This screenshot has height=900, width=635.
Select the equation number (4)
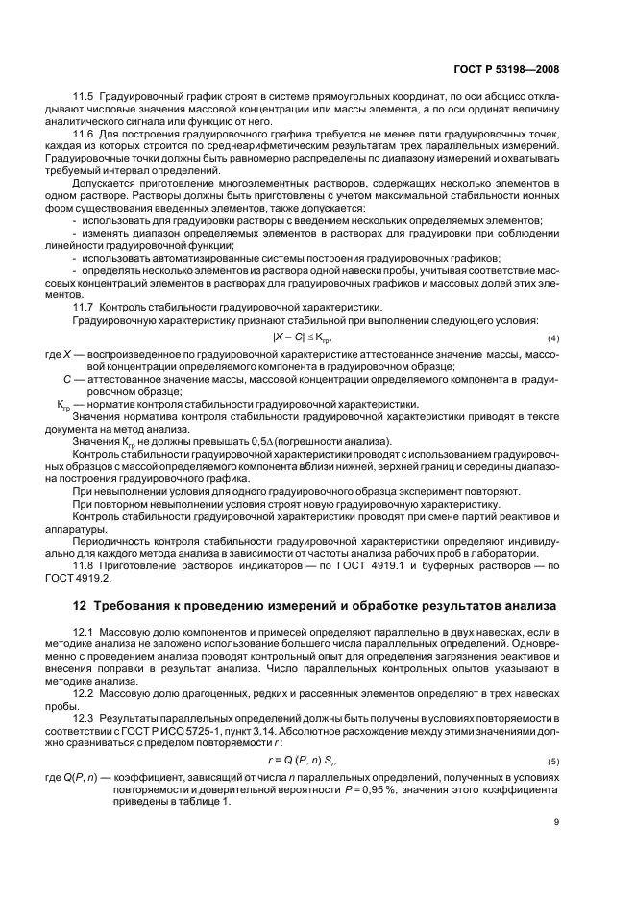point(552,341)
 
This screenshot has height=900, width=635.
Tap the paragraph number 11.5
point(85,98)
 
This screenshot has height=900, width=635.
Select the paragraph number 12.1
point(85,630)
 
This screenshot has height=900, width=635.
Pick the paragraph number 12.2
point(85,691)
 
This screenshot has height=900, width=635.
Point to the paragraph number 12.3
point(85,716)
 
